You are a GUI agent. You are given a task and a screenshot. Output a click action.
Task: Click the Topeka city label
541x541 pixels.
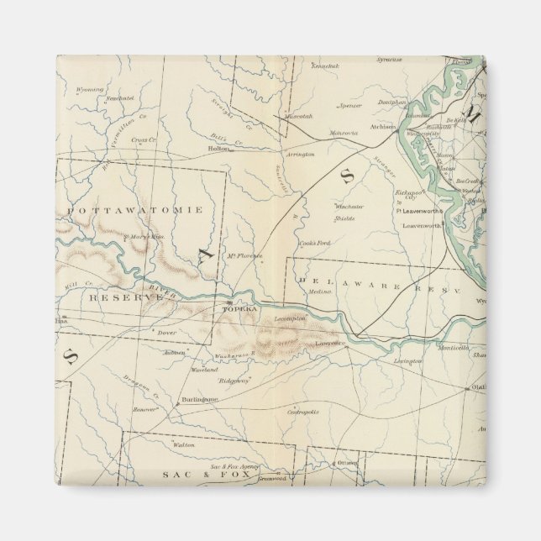(x=236, y=308)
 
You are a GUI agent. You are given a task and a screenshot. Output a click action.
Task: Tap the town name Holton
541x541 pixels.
(x=218, y=149)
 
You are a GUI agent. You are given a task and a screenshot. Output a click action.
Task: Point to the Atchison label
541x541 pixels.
(x=382, y=128)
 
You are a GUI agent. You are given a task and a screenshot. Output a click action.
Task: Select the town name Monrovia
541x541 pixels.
(x=343, y=133)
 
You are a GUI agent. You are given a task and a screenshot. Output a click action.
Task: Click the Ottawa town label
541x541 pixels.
(x=348, y=463)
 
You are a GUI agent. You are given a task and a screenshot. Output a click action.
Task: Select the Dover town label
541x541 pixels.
(x=166, y=333)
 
